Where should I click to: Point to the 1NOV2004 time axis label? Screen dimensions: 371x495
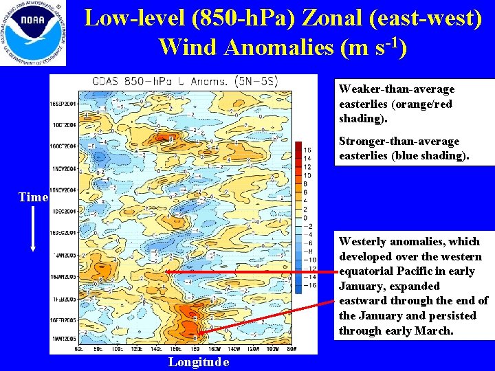point(63,168)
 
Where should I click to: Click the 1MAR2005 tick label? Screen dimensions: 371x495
point(63,339)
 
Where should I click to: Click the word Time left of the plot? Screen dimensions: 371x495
point(33,197)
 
